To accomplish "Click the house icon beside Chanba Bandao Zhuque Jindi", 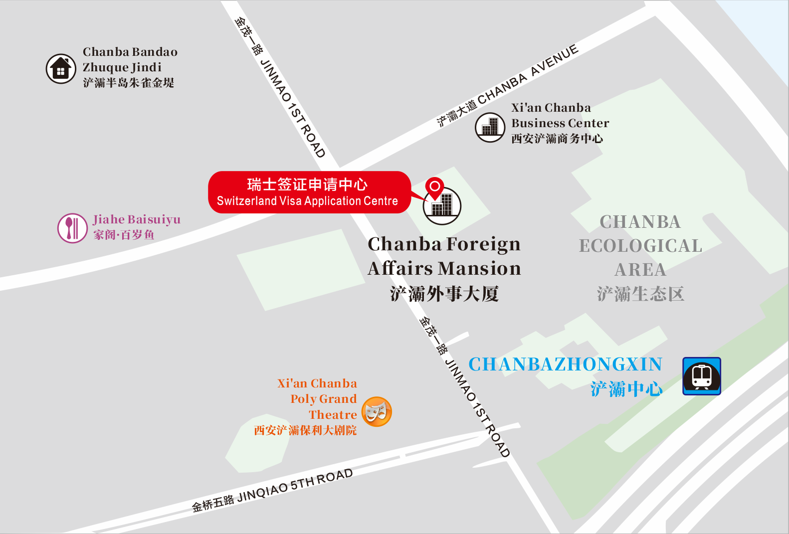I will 61,69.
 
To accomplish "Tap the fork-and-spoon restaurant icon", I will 72,228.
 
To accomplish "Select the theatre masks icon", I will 377,412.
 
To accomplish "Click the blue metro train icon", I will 701,376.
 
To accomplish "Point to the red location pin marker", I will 434,187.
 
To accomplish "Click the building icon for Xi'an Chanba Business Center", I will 490,127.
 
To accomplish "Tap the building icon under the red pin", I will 442,206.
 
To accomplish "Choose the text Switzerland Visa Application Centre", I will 307,201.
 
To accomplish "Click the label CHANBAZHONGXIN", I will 565,364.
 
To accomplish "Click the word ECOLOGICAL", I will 640,246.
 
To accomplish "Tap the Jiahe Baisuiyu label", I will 136,219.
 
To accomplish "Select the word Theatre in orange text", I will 333,415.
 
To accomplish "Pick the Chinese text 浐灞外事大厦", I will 444,294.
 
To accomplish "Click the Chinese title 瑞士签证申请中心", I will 307,184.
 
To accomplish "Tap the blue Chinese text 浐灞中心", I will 626,389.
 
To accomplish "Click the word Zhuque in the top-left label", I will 103,67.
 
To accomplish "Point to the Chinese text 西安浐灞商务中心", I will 557,139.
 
